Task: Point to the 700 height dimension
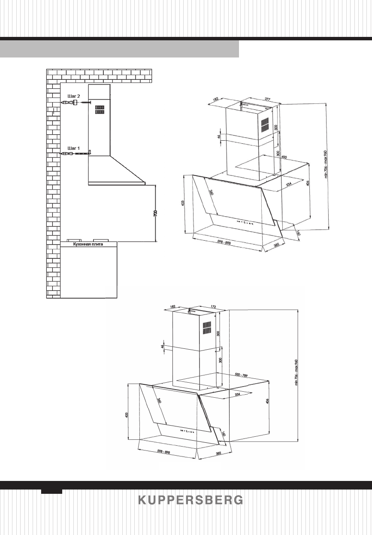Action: coord(156,213)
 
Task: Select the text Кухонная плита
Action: coord(89,244)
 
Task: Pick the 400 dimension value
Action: coord(284,157)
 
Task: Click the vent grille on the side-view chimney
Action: coord(99,109)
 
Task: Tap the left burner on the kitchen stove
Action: coord(75,240)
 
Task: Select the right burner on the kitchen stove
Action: coord(101,240)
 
